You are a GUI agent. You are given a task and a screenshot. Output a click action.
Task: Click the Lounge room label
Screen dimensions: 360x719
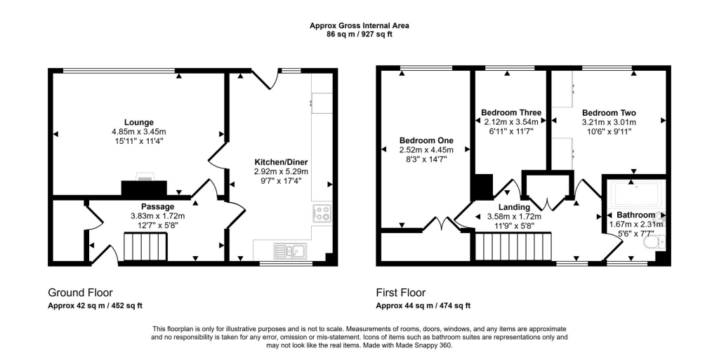[138, 122]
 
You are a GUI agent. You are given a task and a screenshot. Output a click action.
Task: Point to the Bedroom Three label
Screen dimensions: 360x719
[510, 112]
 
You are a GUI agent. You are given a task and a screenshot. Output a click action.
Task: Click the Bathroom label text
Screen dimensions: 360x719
[635, 215]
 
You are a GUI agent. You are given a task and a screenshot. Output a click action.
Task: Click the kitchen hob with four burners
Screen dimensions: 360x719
[322, 213]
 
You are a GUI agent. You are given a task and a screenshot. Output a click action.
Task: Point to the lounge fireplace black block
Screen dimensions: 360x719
[144, 187]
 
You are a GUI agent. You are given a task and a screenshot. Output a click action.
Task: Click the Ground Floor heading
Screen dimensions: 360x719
[80, 293]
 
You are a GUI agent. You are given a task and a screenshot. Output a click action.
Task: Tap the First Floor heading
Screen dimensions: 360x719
[400, 293]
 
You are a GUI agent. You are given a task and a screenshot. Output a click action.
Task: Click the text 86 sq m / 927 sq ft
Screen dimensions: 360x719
[359, 34]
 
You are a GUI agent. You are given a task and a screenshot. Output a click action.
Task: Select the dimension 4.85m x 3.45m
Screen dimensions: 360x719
[138, 132]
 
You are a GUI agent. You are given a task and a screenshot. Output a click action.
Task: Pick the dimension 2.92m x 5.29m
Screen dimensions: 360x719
[281, 171]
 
